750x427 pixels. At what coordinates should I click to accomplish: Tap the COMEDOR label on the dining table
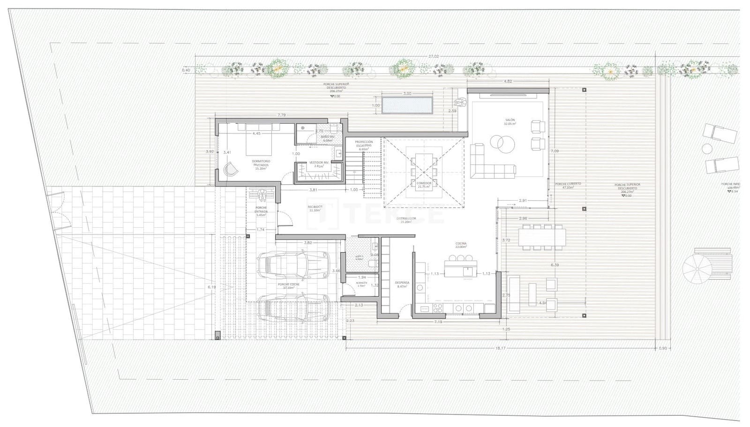[424, 184]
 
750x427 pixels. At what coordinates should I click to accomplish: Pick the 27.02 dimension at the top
[433, 57]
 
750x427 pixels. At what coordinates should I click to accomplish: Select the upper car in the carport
[294, 263]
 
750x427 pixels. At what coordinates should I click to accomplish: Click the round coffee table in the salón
[502, 142]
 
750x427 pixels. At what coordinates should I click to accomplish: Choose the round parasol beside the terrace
[697, 269]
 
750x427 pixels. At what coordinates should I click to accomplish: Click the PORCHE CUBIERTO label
[567, 185]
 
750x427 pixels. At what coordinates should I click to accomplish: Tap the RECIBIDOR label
[315, 208]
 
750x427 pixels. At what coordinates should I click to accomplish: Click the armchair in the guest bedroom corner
[231, 169]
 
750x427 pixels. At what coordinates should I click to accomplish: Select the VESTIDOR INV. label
[319, 164]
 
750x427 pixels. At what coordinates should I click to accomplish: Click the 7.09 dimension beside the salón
[555, 151]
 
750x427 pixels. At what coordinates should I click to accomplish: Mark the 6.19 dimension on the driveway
[212, 287]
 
